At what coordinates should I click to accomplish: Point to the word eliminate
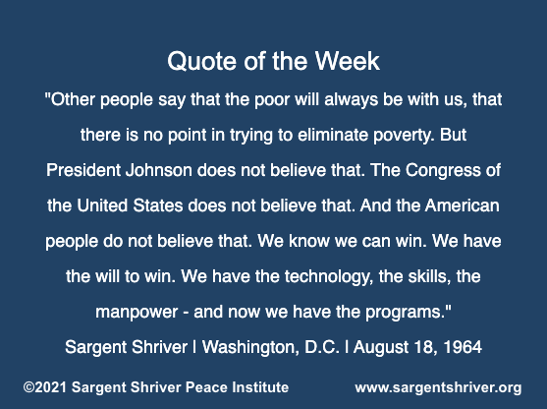[333, 135]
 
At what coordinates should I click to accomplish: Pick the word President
[83, 170]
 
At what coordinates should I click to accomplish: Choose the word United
[102, 205]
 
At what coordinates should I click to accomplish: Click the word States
[158, 205]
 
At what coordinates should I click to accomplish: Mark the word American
[462, 205]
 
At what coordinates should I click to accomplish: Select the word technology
[327, 277]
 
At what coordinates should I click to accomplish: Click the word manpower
[137, 313]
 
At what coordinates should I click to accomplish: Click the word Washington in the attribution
[250, 348]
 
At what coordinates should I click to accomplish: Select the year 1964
[463, 347]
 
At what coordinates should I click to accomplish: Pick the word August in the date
[381, 348]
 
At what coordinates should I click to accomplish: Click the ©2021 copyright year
[44, 387]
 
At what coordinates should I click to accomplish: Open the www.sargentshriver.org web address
[438, 388]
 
